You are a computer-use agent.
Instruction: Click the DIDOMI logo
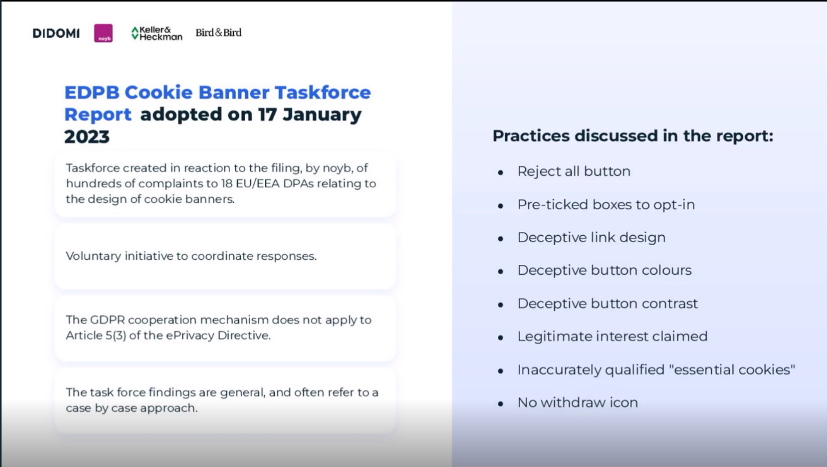coord(56,33)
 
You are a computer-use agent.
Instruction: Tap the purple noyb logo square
coord(103,33)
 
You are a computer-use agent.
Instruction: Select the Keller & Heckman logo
coord(157,33)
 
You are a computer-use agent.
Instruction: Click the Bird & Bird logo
coord(218,33)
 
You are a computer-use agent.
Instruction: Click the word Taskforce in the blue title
coord(323,92)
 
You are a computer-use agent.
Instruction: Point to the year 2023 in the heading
coord(87,137)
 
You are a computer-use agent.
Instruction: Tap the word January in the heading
coord(322,114)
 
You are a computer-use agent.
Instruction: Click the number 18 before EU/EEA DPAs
coord(226,183)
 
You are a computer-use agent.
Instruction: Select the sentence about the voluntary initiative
coord(191,256)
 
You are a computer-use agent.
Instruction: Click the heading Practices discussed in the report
coord(633,136)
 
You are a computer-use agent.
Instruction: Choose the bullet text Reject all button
coord(574,171)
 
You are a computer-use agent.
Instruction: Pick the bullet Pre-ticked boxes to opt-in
coord(606,205)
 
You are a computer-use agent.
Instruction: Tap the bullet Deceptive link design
coord(592,237)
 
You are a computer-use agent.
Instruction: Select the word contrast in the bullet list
coord(670,304)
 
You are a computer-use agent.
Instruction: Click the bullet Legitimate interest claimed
coord(613,336)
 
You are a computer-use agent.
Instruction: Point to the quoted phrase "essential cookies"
coord(734,370)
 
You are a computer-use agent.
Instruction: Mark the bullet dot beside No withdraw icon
coord(501,404)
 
